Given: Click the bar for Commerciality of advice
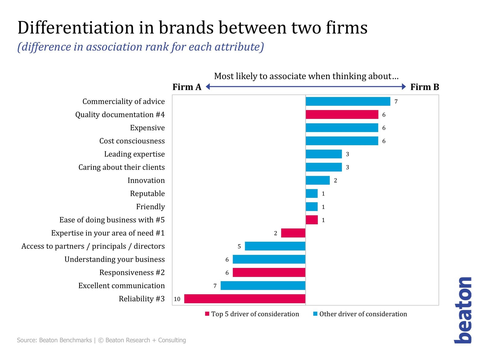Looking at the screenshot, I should pyautogui.click(x=348, y=101).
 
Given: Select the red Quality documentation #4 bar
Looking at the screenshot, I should pyautogui.click(x=342, y=115).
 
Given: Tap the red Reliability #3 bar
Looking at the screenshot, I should pyautogui.click(x=245, y=299).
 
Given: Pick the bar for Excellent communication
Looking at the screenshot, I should pyautogui.click(x=263, y=285).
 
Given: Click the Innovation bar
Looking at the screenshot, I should pyautogui.click(x=318, y=180).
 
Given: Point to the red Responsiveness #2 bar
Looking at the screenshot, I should pyautogui.click(x=269, y=273).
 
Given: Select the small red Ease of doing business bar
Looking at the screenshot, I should pyautogui.click(x=311, y=220).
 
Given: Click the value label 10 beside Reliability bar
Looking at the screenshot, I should pyautogui.click(x=177, y=299).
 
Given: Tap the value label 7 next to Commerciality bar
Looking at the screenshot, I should pyautogui.click(x=396, y=102).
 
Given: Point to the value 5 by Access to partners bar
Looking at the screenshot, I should pyautogui.click(x=239, y=246).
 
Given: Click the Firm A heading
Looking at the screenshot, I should pyautogui.click(x=187, y=87).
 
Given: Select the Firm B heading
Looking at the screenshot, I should pyautogui.click(x=424, y=87).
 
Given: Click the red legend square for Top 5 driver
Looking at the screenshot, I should pyautogui.click(x=207, y=314).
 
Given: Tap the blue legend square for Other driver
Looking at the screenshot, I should pyautogui.click(x=315, y=314).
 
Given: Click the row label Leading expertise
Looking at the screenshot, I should pyautogui.click(x=134, y=154).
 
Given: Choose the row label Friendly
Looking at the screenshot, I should pyautogui.click(x=150, y=207).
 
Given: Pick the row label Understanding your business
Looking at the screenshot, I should pyautogui.click(x=114, y=259).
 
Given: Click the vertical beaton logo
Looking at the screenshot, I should pyautogui.click(x=463, y=310).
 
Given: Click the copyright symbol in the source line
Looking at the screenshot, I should pyautogui.click(x=101, y=340).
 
